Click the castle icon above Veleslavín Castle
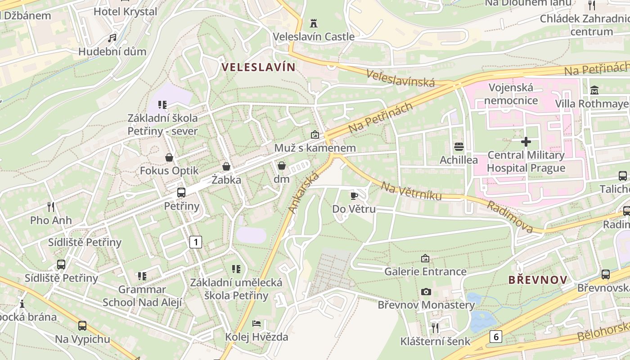point(314,23)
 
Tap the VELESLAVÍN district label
point(259,67)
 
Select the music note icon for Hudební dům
point(112,38)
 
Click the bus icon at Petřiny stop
point(181,193)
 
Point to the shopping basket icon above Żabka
point(227,166)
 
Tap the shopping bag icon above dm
point(282,166)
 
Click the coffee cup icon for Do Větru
point(354,195)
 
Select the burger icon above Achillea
point(459,146)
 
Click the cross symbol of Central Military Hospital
point(526,142)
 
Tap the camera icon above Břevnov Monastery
point(426,292)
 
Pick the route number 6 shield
point(496,336)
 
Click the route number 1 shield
point(195,242)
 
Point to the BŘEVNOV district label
point(538,280)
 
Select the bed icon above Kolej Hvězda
point(256,324)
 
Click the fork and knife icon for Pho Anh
point(51,207)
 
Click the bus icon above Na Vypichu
point(82,325)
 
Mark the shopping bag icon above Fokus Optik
point(169,157)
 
